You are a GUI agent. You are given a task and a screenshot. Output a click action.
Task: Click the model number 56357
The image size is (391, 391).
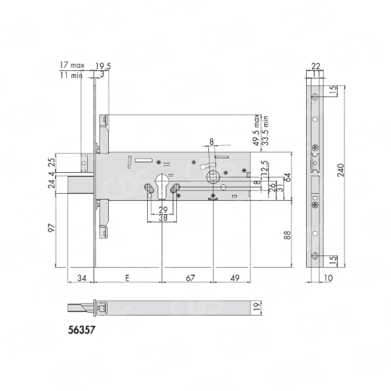(81, 330)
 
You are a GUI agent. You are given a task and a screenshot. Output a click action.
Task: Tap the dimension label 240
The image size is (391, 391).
(341, 170)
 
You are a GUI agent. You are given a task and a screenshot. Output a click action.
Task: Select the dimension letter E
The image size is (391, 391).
(127, 278)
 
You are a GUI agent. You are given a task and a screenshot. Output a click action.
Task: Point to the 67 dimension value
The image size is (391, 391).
(190, 278)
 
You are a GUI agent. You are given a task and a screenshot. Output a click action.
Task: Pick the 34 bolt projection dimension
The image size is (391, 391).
(82, 278)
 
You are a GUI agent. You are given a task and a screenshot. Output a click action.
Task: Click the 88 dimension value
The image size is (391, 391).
(288, 235)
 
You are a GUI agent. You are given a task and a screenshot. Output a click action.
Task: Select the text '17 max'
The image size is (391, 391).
(72, 65)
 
